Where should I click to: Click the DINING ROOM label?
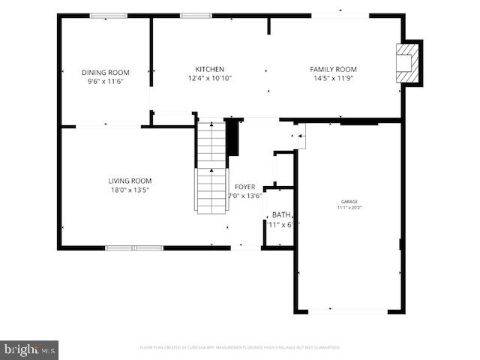(x=105, y=73)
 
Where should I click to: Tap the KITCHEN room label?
(x=209, y=69)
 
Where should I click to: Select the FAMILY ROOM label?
(x=333, y=69)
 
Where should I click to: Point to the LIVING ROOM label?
(x=130, y=181)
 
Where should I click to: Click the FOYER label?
(x=244, y=187)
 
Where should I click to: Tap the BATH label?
(x=281, y=214)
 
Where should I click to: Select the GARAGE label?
(x=349, y=201)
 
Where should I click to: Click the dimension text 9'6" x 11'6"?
(x=105, y=81)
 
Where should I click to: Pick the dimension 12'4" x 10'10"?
(x=209, y=78)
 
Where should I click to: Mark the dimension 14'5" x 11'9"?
(x=333, y=78)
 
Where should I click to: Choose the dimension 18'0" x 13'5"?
(x=130, y=190)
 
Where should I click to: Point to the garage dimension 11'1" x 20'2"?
(x=349, y=207)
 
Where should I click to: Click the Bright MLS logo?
(x=29, y=349)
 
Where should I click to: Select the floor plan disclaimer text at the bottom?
(x=240, y=347)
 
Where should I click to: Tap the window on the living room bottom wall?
(x=133, y=247)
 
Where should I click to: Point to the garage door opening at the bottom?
(x=349, y=310)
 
